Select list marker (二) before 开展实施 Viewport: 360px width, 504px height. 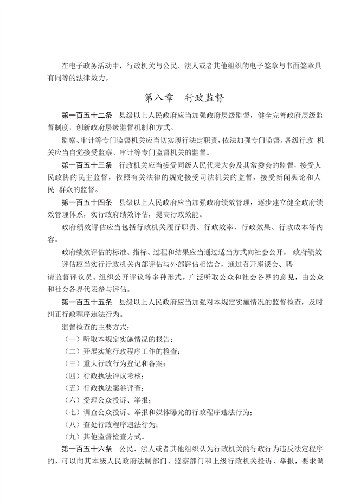coord(73,351)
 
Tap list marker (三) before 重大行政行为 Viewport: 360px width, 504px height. coord(73,363)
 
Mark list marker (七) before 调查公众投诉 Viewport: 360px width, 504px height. coord(73,412)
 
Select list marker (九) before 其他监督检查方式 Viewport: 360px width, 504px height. coord(73,437)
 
